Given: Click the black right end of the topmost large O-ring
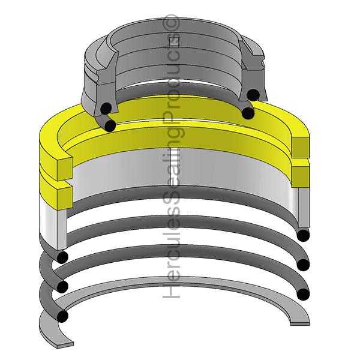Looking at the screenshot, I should point(304,235).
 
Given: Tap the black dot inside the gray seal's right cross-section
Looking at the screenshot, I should point(256,94).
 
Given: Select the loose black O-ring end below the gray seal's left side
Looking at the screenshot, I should point(110,124).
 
